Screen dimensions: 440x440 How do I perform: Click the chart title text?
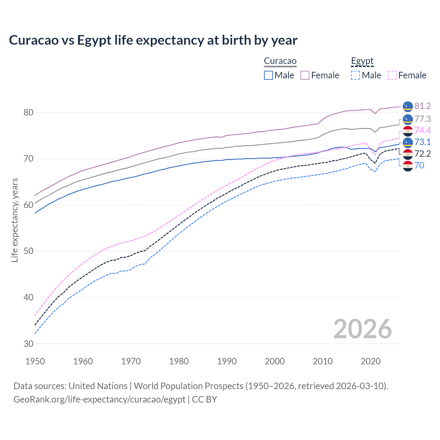point(153,40)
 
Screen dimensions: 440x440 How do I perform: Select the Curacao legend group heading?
point(280,61)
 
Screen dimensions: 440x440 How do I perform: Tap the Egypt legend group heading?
point(362,61)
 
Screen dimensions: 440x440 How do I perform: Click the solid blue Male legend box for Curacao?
point(268,75)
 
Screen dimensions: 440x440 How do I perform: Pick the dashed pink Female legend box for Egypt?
point(392,75)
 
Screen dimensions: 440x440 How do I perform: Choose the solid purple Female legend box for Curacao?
point(305,75)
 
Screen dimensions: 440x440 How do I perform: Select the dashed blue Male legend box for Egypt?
point(355,75)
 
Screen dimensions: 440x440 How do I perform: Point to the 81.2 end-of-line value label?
point(422,106)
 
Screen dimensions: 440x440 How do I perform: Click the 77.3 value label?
point(422,119)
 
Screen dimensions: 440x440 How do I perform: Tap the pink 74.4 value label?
point(422,130)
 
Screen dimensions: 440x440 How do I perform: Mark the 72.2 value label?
point(422,154)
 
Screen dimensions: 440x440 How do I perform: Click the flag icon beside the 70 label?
point(408,166)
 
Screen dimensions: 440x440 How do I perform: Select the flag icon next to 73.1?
point(408,142)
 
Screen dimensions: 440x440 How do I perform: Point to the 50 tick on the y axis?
point(29,251)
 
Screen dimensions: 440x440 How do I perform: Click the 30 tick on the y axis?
point(29,344)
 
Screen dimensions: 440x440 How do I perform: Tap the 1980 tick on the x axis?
point(179,361)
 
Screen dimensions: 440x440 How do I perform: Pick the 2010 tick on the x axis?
point(322,361)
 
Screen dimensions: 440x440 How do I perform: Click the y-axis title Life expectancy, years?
point(15,220)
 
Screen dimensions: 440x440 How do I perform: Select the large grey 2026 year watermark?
point(362,329)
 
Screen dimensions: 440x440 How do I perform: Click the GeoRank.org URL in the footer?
point(99,399)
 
